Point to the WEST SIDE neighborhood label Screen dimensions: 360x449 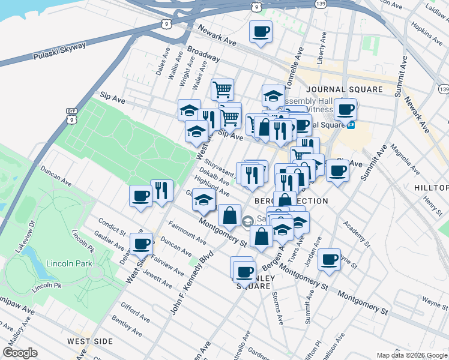[x=90, y=341]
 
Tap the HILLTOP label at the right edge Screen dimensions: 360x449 [x=431, y=188]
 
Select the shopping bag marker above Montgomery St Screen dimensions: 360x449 [x=229, y=215]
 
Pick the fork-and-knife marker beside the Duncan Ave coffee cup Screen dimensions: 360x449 [x=161, y=191]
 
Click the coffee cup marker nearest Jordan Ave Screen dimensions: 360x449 [x=329, y=259]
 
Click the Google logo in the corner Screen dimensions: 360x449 [x=20, y=353]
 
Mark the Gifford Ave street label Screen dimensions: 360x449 [x=134, y=313]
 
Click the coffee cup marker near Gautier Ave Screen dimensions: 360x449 [x=142, y=243]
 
